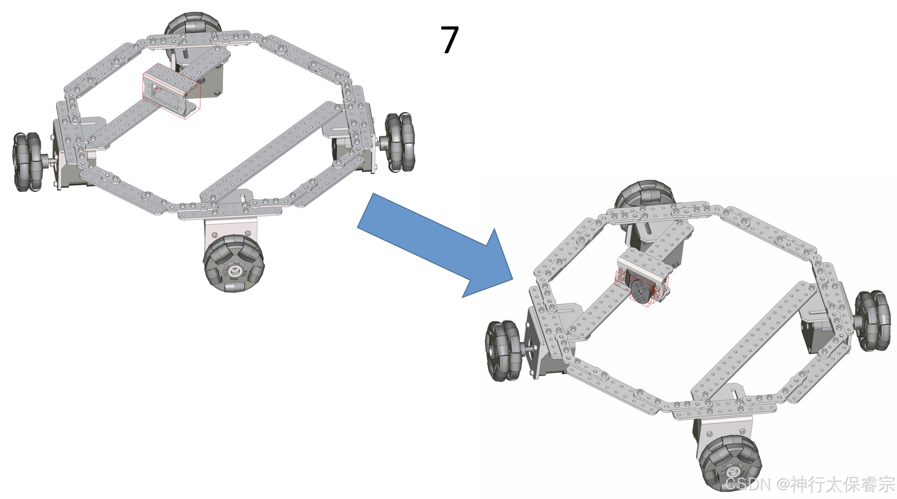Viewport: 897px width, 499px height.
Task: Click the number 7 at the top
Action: click(x=449, y=40)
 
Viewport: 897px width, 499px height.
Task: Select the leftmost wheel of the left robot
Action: click(x=27, y=162)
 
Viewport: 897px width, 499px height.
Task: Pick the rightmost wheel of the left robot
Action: click(x=400, y=142)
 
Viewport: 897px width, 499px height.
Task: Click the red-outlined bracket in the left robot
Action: click(x=171, y=91)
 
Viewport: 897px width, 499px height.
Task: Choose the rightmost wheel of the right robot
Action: click(x=872, y=321)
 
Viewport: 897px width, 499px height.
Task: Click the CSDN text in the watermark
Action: click(x=747, y=485)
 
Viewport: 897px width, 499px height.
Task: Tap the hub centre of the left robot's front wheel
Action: click(x=233, y=270)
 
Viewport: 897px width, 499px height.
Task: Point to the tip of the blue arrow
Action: click(x=513, y=280)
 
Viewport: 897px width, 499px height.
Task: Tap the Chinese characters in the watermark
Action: click(x=842, y=485)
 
